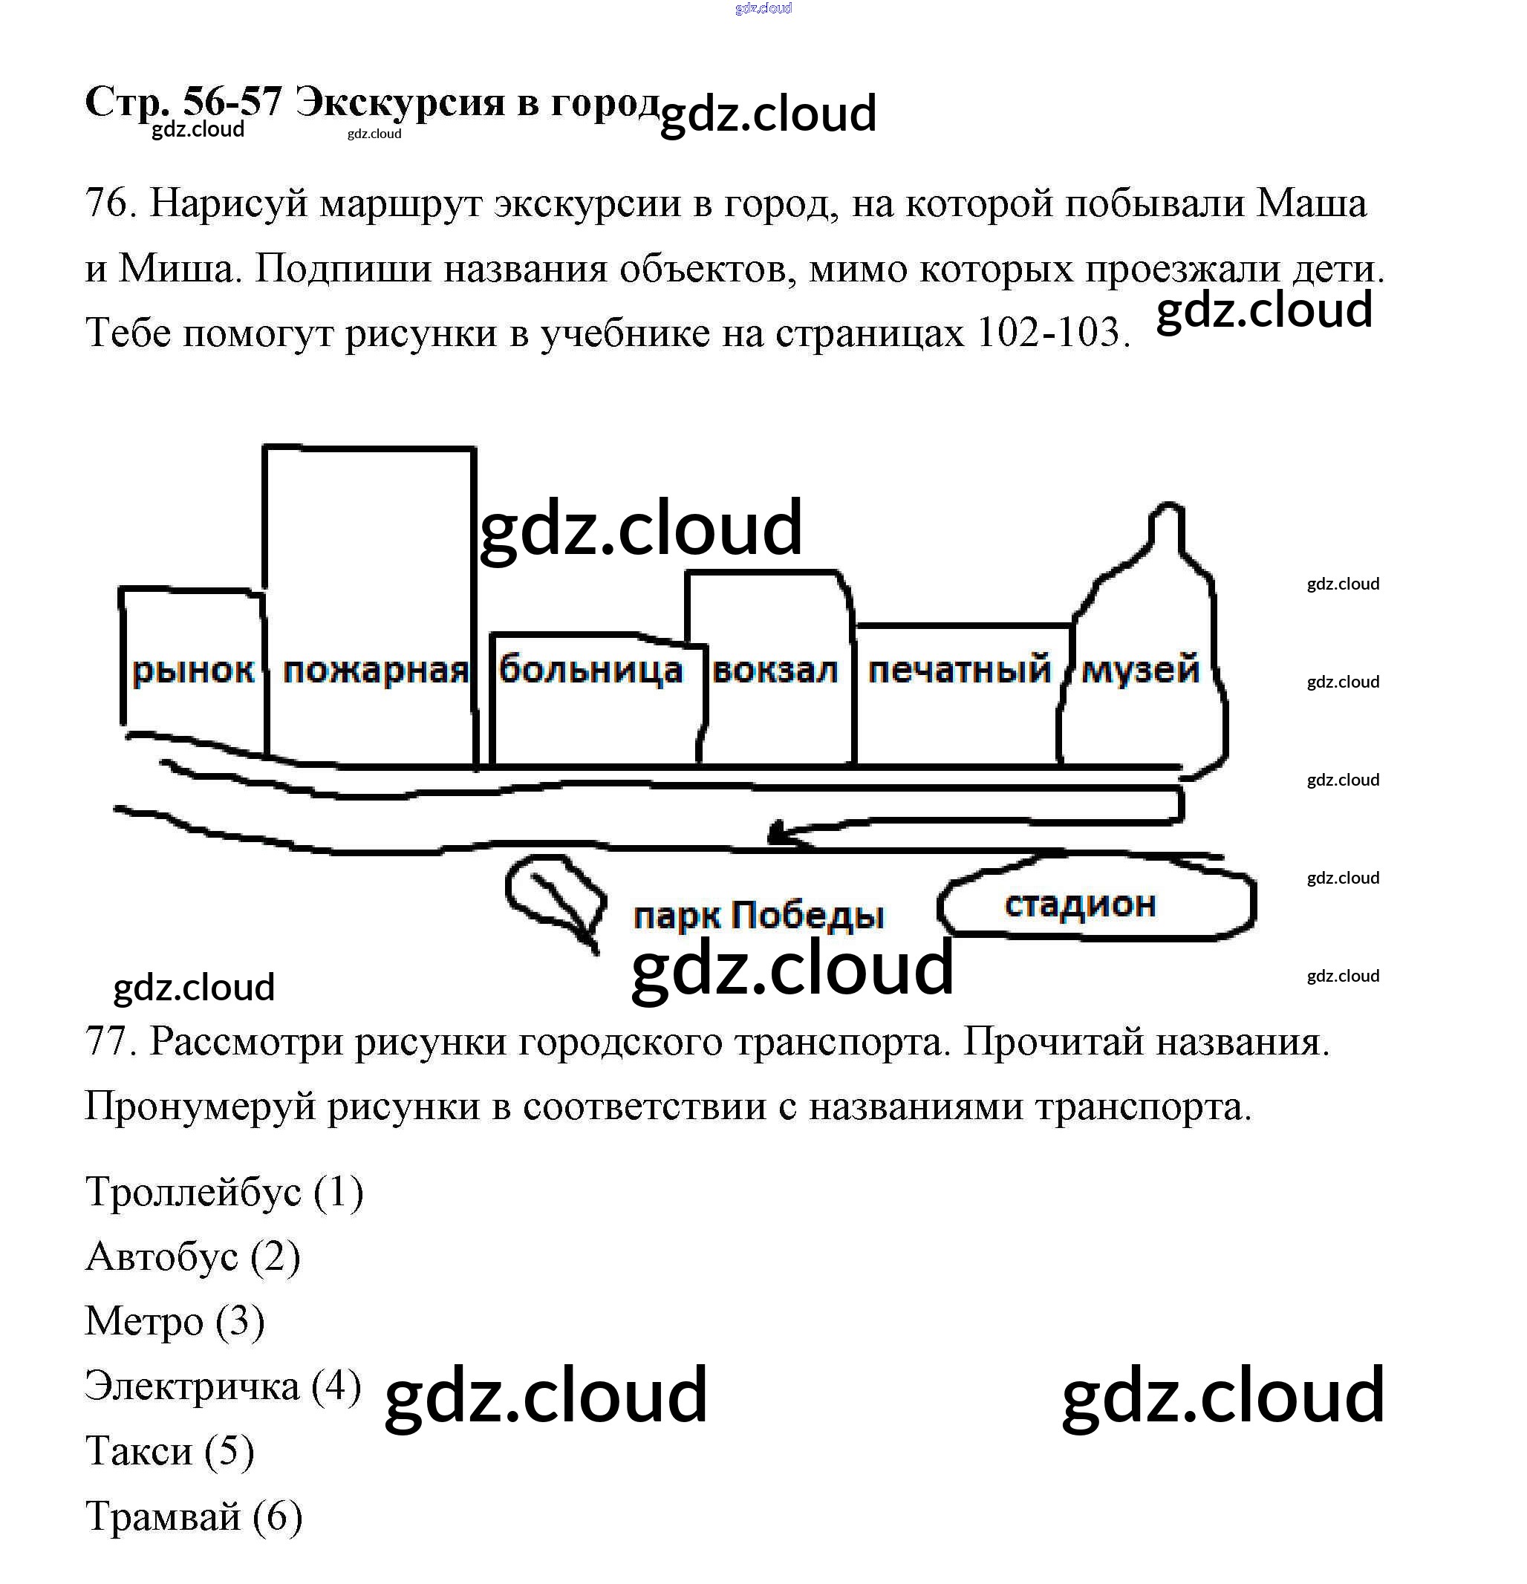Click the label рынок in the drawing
tap(192, 671)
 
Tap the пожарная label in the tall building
tap(375, 671)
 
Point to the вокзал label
tap(775, 671)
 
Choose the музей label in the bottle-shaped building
tap(1140, 669)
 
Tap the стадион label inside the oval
tap(1080, 905)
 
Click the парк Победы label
tap(758, 916)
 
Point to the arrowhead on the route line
tap(778, 832)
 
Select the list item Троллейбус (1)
tap(224, 1192)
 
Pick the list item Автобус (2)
tap(192, 1257)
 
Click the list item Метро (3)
tap(175, 1321)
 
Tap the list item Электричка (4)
tap(222, 1386)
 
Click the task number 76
tap(107, 202)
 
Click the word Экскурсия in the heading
tap(400, 102)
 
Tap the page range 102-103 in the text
tap(1049, 333)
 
